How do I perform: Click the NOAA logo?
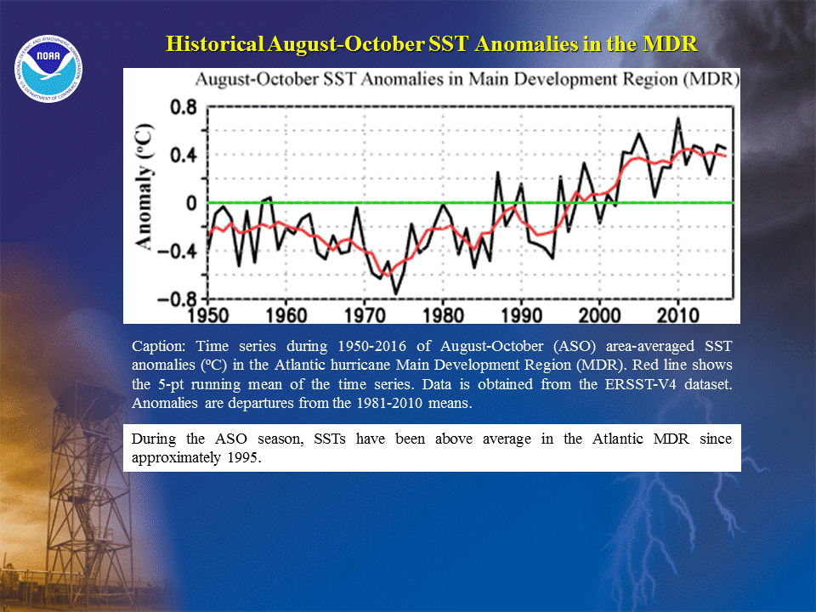(48, 69)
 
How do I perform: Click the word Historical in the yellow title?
(215, 43)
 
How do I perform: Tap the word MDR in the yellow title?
(671, 43)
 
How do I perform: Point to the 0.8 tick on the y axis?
(184, 108)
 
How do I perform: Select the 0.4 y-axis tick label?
(184, 155)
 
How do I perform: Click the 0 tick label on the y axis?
(191, 203)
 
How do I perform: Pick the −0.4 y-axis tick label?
(178, 252)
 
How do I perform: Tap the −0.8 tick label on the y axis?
(178, 299)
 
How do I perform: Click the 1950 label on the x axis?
(207, 315)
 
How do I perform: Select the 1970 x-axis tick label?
(365, 315)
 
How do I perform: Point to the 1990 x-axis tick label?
(521, 315)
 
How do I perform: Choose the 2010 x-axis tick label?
(678, 315)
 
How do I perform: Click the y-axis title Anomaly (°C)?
(144, 187)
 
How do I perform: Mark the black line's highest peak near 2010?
(677, 119)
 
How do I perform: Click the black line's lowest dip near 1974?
(396, 293)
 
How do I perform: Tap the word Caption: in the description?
(158, 347)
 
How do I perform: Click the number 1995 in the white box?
(244, 458)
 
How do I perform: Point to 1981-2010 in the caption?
(389, 403)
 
